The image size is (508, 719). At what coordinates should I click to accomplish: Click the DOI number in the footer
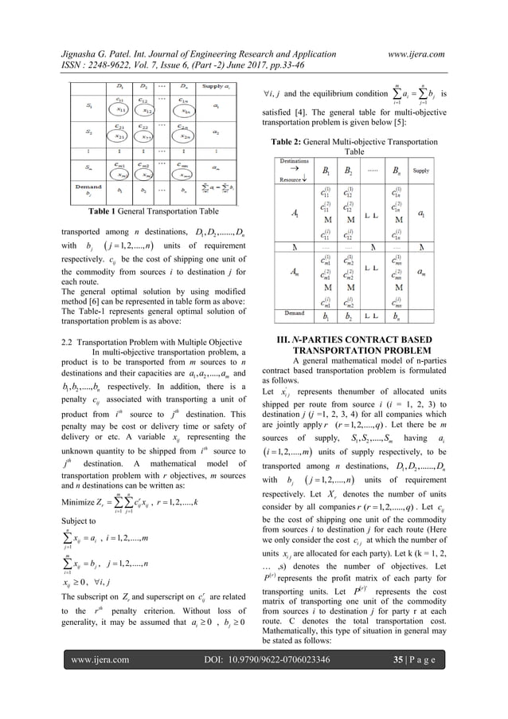click(254, 705)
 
